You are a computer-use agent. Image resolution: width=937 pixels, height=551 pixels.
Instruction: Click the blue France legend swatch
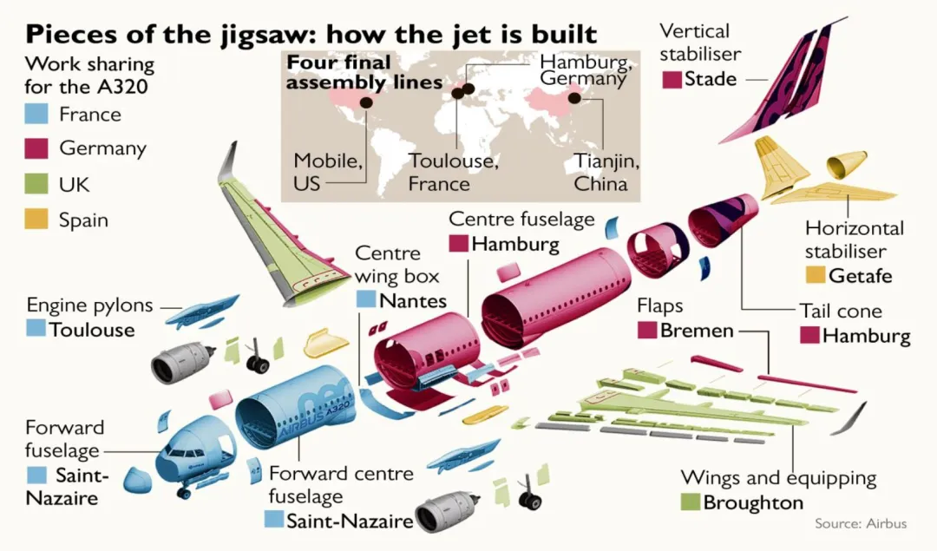coord(36,114)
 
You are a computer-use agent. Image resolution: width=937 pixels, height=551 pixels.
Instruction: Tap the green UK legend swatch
coord(36,183)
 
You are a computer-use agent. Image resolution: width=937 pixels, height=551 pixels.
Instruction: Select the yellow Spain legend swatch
coord(36,219)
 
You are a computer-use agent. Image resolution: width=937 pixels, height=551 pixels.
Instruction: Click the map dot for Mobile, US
coord(366,102)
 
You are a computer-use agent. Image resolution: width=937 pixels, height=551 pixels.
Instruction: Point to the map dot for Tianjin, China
coord(574,98)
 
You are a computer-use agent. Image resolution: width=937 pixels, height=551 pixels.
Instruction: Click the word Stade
coord(711,79)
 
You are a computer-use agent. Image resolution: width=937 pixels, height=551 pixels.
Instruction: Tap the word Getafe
coord(861,276)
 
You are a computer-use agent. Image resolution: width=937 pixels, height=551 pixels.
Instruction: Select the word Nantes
coord(413,300)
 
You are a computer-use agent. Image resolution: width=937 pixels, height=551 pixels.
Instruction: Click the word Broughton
coord(753,502)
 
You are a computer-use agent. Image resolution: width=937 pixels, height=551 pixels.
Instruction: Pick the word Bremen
coord(697,331)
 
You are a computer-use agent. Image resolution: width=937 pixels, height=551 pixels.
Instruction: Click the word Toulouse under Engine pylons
coord(92,329)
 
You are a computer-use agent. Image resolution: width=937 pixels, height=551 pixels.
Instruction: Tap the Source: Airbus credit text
coord(861,523)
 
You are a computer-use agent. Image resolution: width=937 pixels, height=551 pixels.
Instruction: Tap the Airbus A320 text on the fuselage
coord(316,419)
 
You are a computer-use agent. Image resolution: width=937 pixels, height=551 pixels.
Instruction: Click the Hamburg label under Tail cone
coord(866,335)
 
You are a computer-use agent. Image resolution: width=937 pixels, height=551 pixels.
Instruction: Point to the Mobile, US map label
coord(328,172)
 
